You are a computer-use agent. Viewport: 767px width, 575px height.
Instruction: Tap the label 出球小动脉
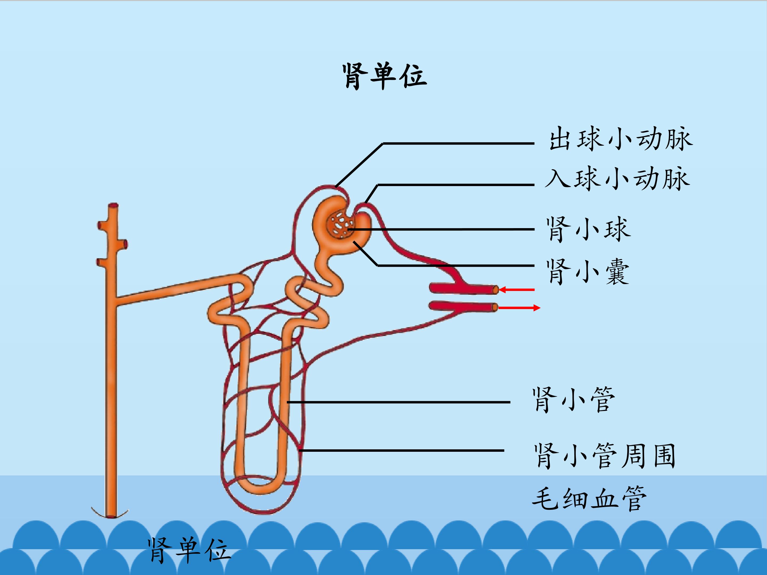(621, 139)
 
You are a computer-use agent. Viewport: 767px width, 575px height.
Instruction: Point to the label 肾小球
(588, 229)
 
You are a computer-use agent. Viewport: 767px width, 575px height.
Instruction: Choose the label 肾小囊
(588, 272)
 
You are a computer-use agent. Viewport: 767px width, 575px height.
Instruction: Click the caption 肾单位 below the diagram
(189, 551)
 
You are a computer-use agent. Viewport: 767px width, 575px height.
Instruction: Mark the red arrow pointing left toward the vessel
(517, 289)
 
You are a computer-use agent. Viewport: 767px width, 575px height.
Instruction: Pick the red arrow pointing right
(519, 307)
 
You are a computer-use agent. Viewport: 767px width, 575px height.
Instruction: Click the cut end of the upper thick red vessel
(496, 289)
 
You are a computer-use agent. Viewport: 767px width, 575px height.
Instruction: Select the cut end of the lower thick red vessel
(495, 307)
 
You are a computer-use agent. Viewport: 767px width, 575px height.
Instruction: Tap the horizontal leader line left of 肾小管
(398, 402)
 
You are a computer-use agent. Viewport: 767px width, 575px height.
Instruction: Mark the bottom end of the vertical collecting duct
(111, 516)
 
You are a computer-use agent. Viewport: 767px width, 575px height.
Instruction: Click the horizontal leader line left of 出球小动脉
(458, 143)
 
